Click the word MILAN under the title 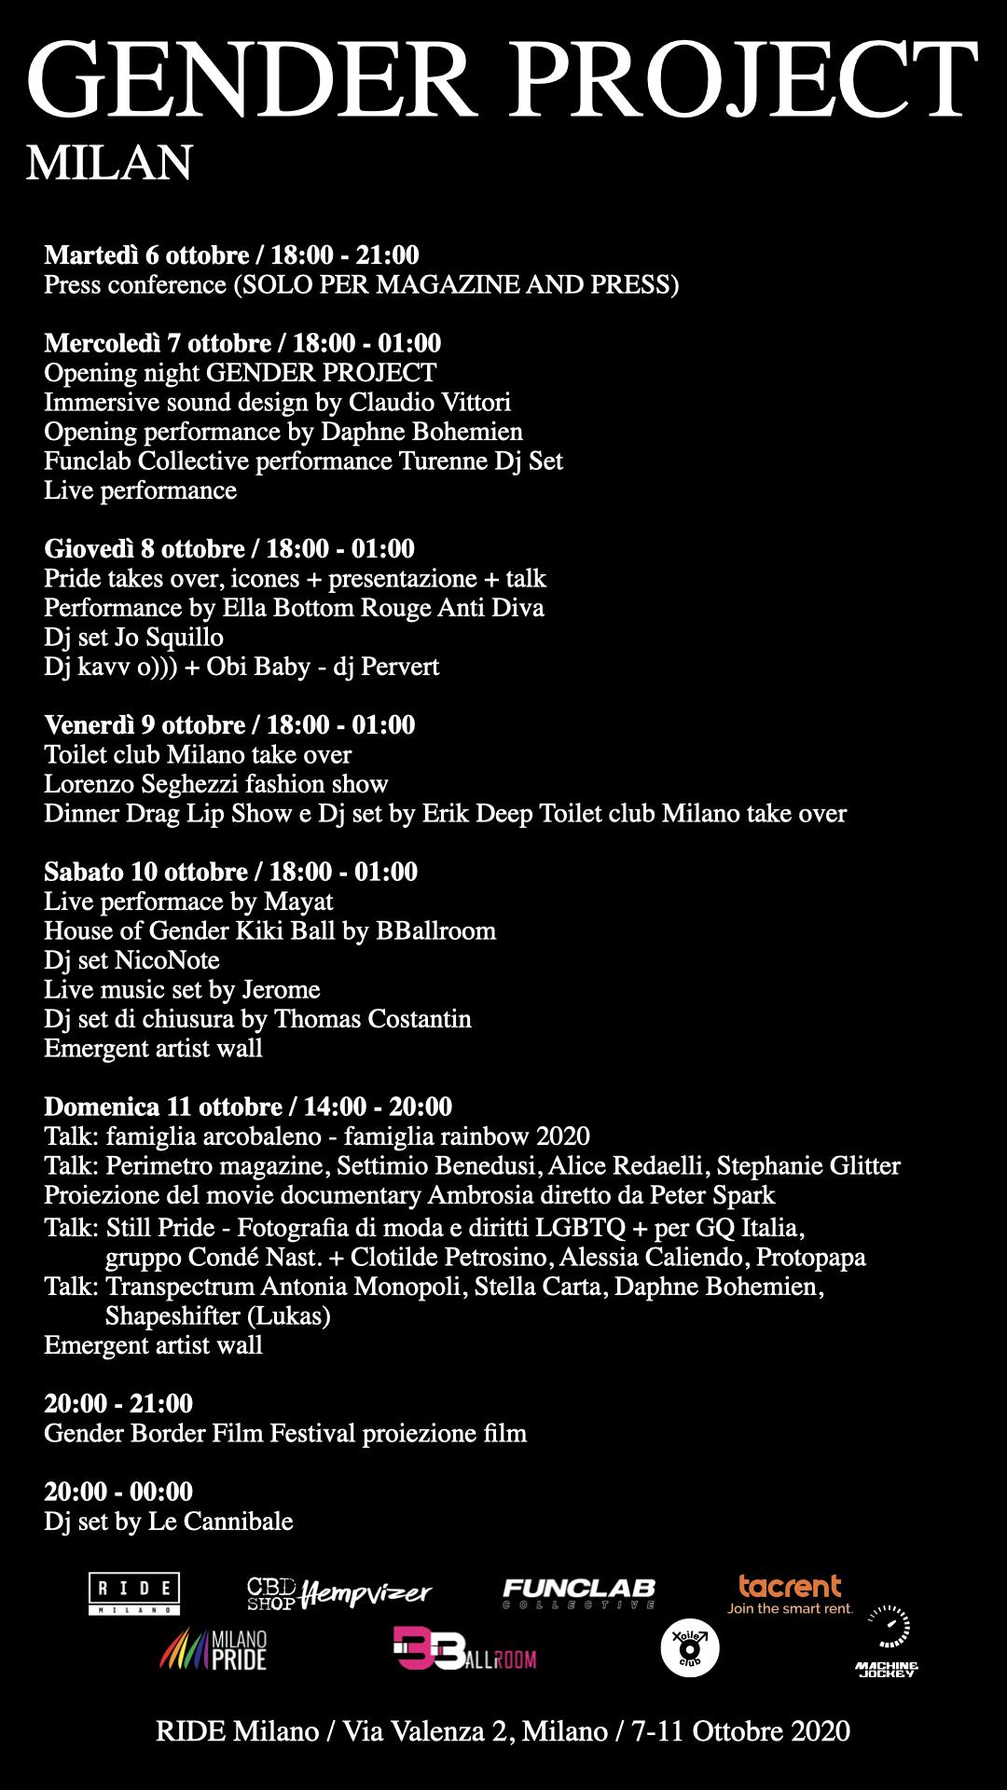tap(109, 163)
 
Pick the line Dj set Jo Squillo tap(133, 638)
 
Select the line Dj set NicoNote tap(131, 960)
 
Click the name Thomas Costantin tap(372, 1019)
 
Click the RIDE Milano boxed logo tap(134, 1593)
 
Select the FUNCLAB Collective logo tap(578, 1593)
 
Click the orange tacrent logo tap(790, 1592)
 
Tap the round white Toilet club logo tap(689, 1648)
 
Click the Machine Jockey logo tap(888, 1643)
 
